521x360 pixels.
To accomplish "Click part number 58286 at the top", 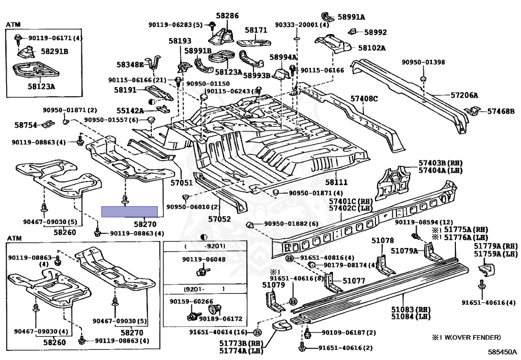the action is click(227, 16).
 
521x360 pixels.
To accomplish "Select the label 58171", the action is click(256, 30).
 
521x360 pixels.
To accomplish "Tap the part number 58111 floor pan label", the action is click(336, 182).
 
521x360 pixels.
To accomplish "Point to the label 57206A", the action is click(464, 95).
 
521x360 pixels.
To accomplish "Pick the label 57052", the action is click(219, 219).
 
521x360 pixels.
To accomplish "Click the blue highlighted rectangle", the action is click(130, 211).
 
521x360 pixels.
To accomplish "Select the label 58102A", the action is click(372, 48).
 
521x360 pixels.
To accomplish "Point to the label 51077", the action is click(354, 281).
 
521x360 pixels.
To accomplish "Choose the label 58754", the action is click(26, 125).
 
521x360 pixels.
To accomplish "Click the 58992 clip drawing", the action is click(353, 31).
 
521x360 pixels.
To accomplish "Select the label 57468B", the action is click(501, 112).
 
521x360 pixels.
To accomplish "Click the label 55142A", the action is click(130, 111).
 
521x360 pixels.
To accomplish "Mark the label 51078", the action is click(383, 240).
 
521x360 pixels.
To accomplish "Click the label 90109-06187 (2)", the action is click(349, 333).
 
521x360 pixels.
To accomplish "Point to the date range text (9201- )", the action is click(205, 289).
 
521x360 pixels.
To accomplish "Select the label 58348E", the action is click(130, 65).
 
